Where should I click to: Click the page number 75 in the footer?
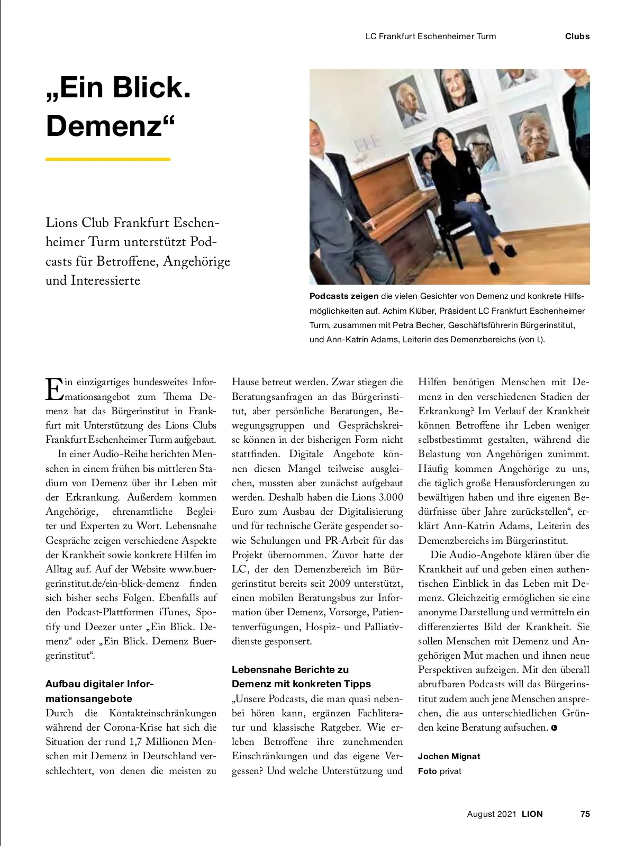[585, 814]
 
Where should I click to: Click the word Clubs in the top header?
[577, 37]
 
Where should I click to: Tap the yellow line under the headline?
[108, 159]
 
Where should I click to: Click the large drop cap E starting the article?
[54, 389]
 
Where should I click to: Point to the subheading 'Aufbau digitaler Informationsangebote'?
[99, 691]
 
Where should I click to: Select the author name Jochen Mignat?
[449, 756]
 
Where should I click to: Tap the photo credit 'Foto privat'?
[439, 771]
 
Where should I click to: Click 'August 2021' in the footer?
[491, 814]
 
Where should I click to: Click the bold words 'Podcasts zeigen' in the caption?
[344, 296]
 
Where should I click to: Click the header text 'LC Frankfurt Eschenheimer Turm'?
[431, 37]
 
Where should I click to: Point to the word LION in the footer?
[532, 814]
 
